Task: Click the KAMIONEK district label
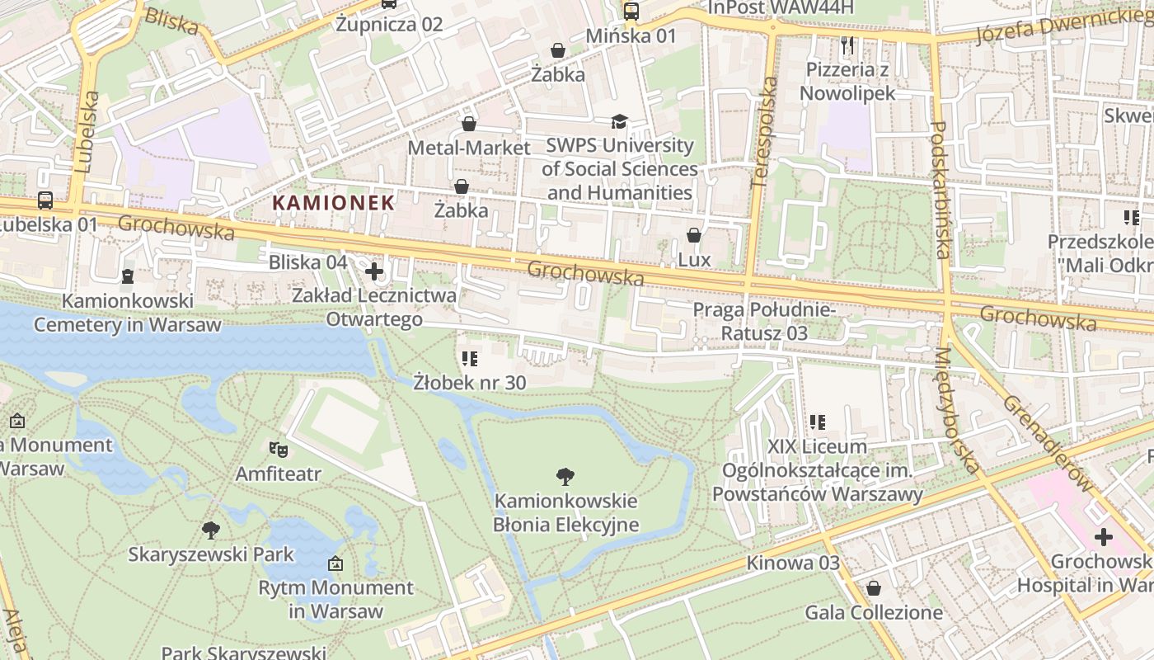(x=334, y=201)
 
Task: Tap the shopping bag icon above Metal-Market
(x=469, y=124)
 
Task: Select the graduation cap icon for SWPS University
(x=619, y=122)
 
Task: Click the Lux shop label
(x=694, y=260)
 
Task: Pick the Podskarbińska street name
(x=941, y=190)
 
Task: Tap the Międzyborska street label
(x=956, y=410)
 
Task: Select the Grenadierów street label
(x=1048, y=441)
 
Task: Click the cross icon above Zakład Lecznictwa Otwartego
(x=374, y=271)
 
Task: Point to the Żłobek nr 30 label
(x=470, y=382)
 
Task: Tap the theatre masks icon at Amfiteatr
(x=278, y=450)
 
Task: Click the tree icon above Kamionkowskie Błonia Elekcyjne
(x=565, y=476)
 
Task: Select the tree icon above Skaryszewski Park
(x=211, y=529)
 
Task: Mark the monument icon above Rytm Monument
(x=335, y=564)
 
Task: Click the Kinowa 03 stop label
(x=793, y=563)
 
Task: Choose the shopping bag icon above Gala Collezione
(x=873, y=588)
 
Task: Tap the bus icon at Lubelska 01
(x=45, y=200)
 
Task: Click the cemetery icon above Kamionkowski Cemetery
(x=128, y=276)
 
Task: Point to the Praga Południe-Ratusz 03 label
(x=764, y=322)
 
